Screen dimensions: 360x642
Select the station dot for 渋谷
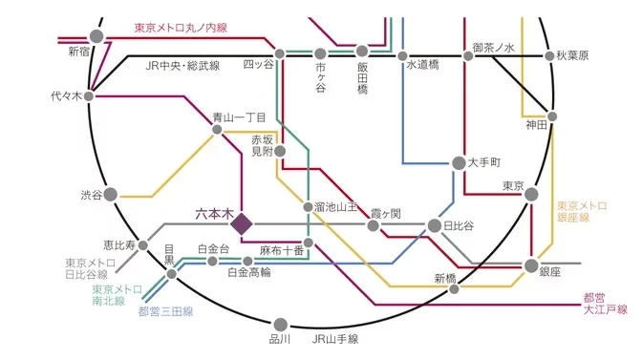pyautogui.click(x=110, y=195)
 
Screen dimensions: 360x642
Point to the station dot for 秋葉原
pyautogui.click(x=549, y=56)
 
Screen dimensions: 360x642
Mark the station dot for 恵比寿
pyautogui.click(x=143, y=245)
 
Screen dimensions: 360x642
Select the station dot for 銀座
pyautogui.click(x=532, y=265)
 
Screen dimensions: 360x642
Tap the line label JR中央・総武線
pyautogui.click(x=182, y=66)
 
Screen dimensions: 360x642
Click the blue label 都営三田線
pyautogui.click(x=165, y=310)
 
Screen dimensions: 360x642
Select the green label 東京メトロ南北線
pyautogui.click(x=117, y=294)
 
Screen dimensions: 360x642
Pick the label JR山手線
pyautogui.click(x=334, y=338)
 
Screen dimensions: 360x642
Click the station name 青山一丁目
pyautogui.click(x=239, y=117)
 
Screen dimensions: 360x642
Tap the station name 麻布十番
pyautogui.click(x=281, y=249)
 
